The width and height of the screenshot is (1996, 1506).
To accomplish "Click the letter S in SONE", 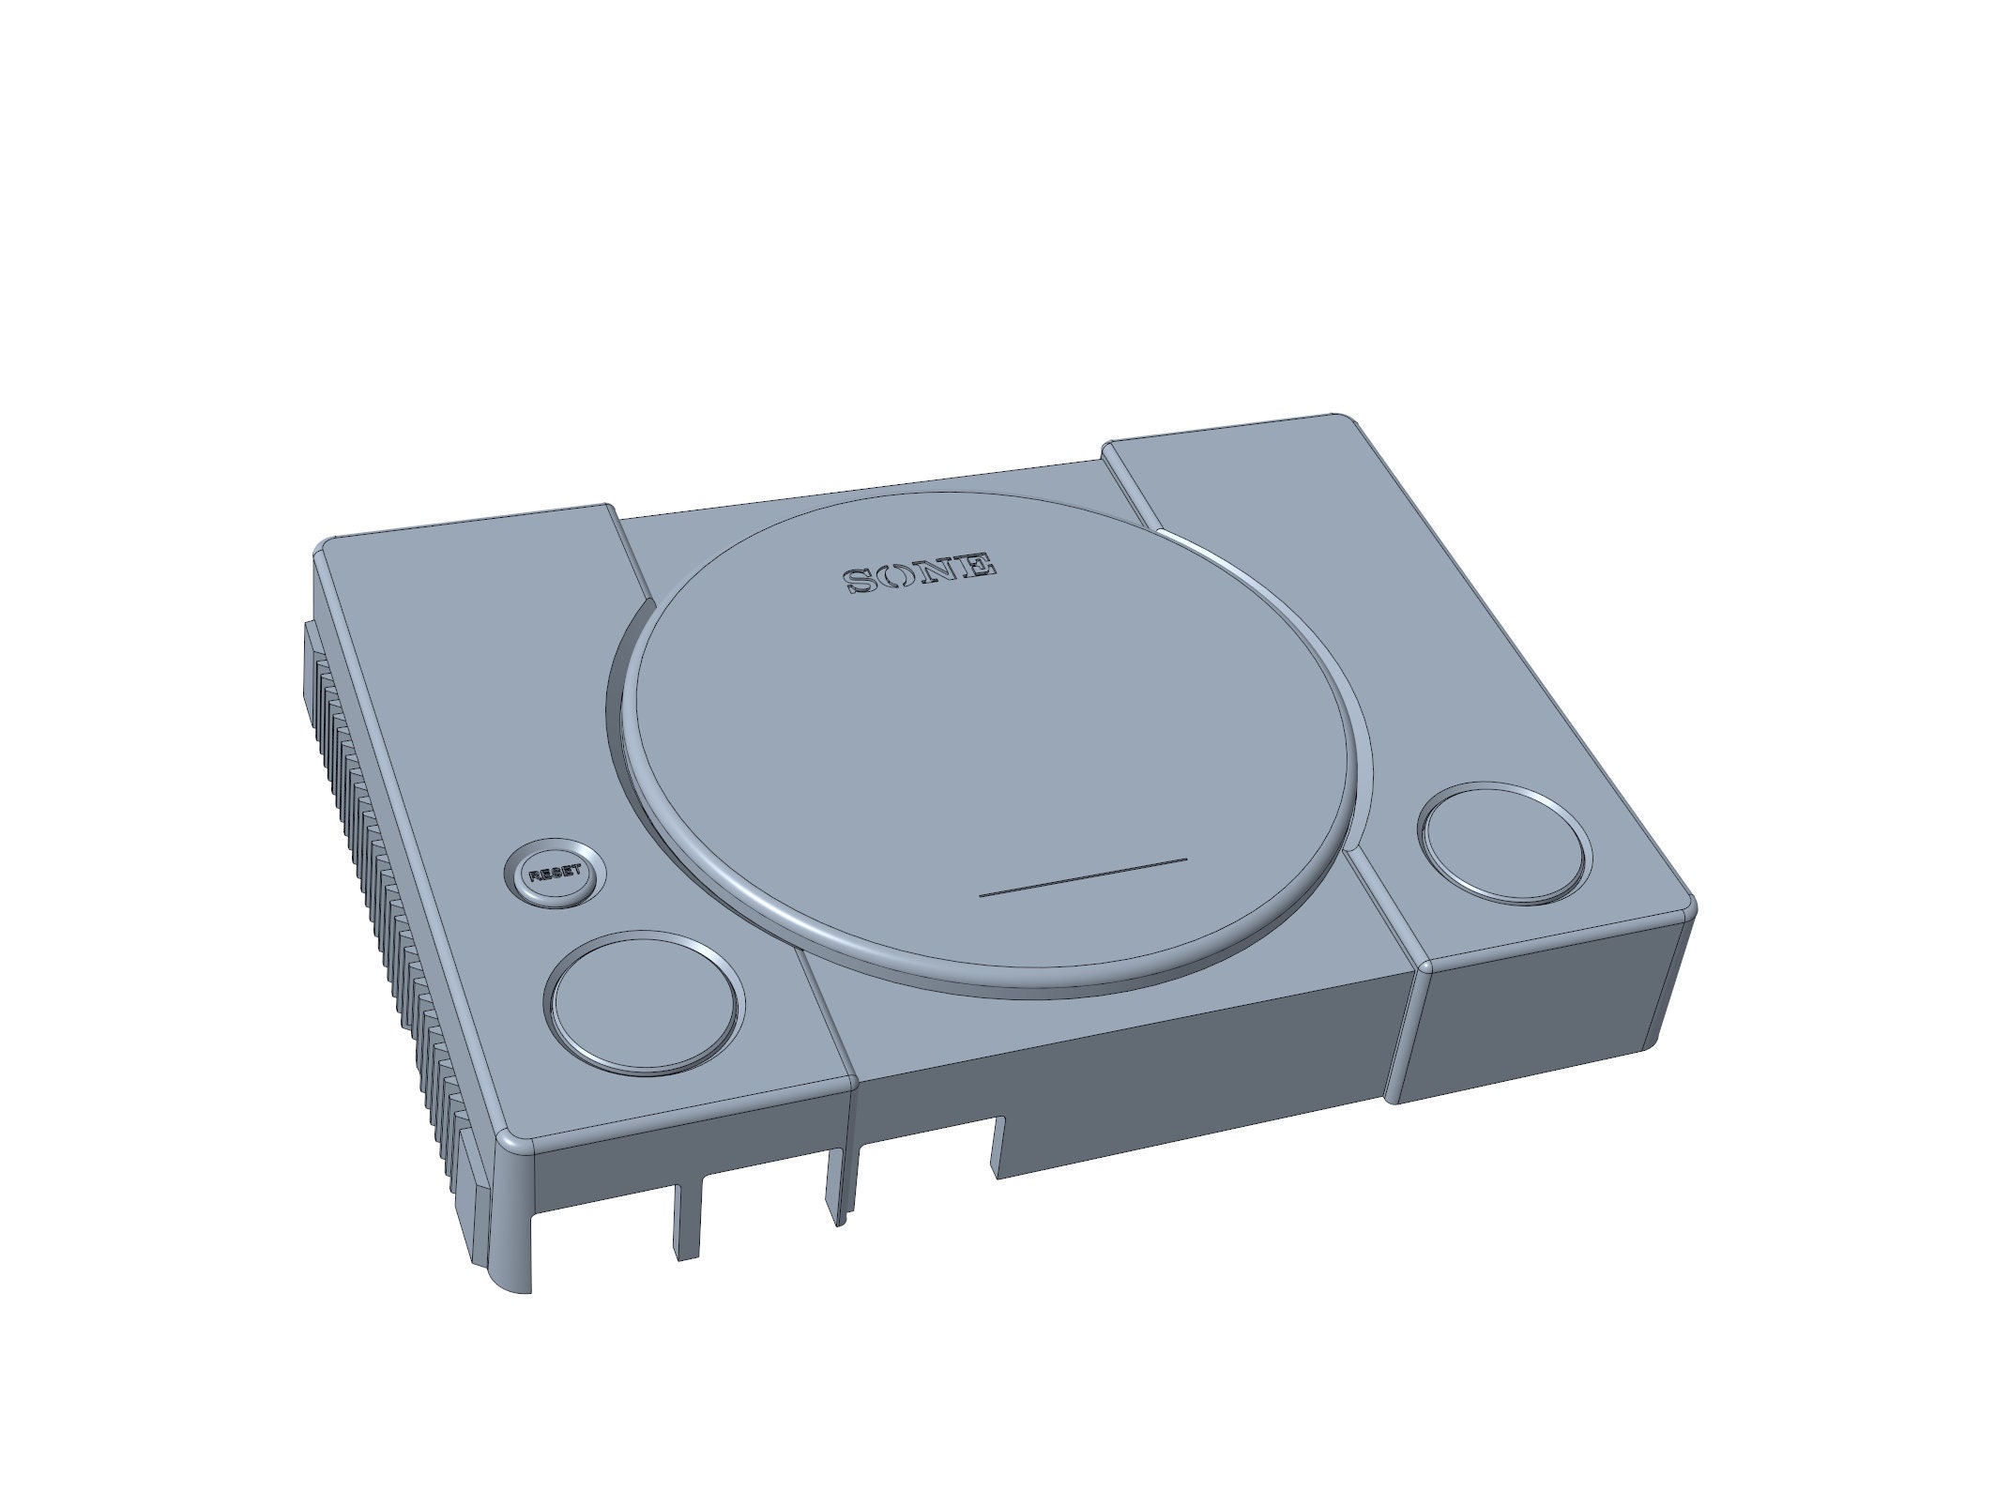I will click(860, 581).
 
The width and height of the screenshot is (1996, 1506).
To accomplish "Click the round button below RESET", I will click(644, 1002).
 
